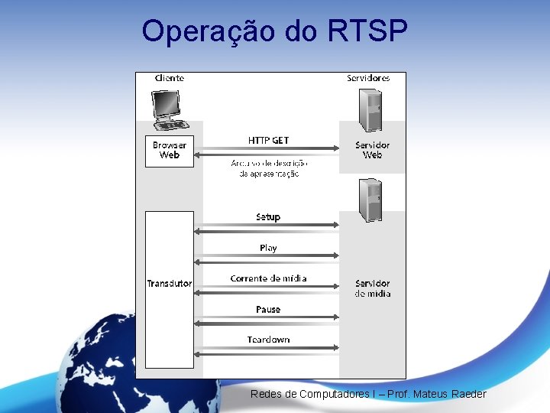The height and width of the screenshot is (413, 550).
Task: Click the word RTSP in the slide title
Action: coord(367,31)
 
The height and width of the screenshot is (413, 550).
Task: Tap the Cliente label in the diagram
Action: coord(169,78)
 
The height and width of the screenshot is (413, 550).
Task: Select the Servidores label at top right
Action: coord(368,78)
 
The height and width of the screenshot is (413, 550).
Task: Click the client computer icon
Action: coord(169,109)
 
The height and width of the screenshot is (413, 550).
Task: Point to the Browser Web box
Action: coord(169,150)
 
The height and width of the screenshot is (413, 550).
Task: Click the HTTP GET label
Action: coord(268,140)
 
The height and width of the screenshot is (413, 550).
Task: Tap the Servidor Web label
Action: coord(372,150)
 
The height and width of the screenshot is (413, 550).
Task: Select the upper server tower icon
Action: coord(371,110)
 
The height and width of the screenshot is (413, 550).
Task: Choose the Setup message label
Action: coord(268,217)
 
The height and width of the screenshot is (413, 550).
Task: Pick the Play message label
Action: coord(268,248)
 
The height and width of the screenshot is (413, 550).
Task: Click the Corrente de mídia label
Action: coord(268,278)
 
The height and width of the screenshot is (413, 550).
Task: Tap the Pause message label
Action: coord(268,310)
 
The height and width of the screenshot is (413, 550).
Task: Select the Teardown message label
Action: coord(268,340)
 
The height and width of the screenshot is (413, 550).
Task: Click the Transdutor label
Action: coord(170,284)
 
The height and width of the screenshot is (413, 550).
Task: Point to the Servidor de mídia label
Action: coord(372,288)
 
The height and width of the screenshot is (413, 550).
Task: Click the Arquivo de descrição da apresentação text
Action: coord(269,168)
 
